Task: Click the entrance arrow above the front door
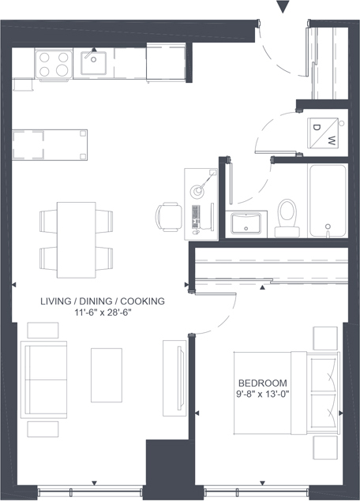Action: (283, 7)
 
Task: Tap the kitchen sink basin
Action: (93, 63)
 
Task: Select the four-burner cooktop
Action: (54, 64)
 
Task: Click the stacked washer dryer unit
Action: (323, 133)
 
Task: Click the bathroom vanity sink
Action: (246, 223)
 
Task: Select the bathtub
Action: (328, 201)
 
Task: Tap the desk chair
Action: (169, 217)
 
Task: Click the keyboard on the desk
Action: (196, 216)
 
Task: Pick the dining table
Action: (77, 240)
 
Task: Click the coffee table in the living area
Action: (107, 375)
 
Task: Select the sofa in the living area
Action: (43, 379)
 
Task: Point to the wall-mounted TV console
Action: (175, 378)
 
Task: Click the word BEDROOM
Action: (263, 383)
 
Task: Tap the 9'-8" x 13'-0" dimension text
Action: (263, 394)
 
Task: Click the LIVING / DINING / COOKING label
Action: (103, 301)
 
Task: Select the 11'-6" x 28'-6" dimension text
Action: (103, 312)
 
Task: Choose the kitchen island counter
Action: (50, 144)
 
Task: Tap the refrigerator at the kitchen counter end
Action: (166, 62)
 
